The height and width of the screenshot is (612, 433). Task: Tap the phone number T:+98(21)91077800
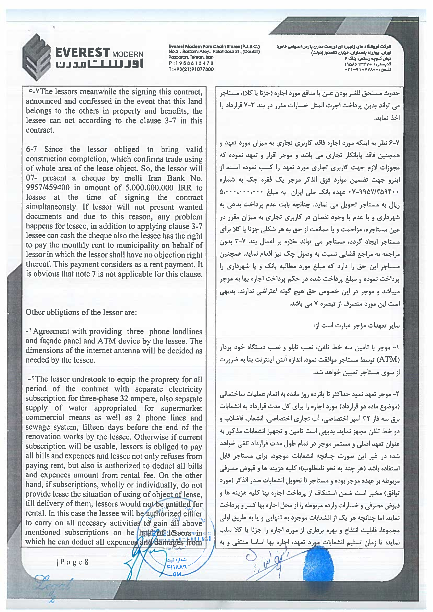click(191, 69)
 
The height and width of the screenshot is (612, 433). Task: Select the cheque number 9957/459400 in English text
click(48, 188)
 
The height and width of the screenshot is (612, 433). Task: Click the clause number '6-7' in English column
click(31, 149)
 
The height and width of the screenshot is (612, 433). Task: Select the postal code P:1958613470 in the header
click(191, 63)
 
